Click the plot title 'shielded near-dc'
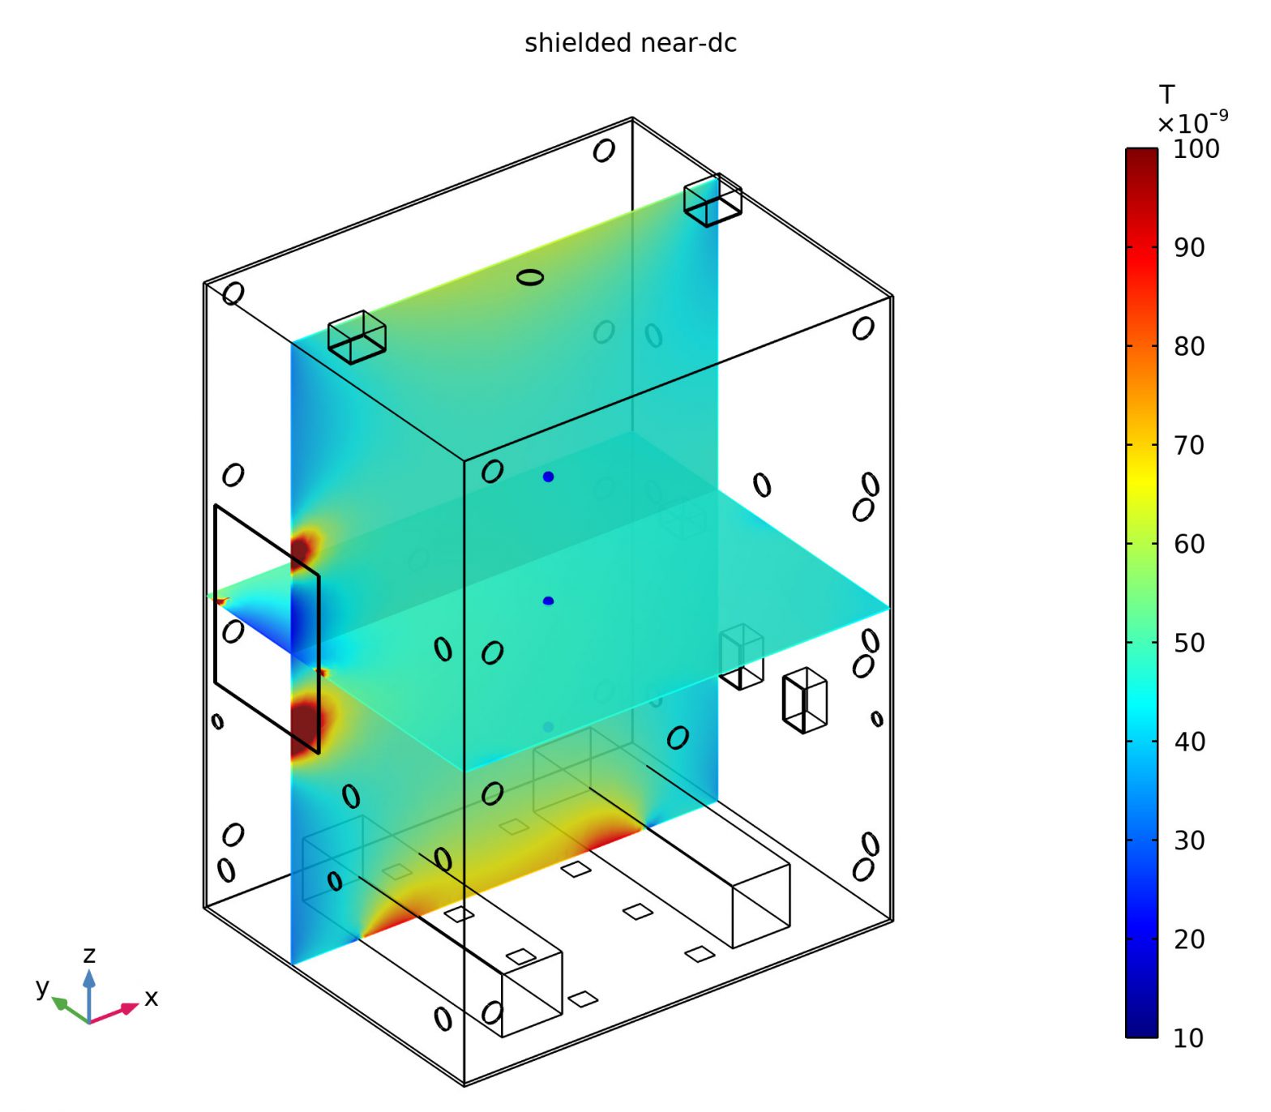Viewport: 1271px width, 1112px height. point(630,43)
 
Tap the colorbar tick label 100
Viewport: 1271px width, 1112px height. point(1196,149)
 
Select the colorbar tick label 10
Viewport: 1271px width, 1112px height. point(1188,1037)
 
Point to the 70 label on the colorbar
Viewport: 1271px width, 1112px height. point(1188,445)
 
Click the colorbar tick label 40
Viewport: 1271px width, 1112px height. point(1188,742)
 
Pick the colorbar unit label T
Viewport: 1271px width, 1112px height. point(1166,96)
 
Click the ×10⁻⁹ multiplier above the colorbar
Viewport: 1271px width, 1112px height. point(1192,123)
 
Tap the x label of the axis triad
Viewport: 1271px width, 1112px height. point(152,998)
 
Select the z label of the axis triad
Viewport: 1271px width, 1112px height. point(89,954)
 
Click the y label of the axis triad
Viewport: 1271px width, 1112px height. point(42,986)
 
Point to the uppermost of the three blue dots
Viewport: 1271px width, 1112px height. point(548,477)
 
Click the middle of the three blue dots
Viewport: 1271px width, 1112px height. point(548,601)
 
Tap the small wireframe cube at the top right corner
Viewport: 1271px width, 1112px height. point(712,199)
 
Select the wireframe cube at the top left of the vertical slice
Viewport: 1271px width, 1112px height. point(357,336)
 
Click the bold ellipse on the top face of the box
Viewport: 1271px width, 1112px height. point(529,277)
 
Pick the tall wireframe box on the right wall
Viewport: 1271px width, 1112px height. point(804,699)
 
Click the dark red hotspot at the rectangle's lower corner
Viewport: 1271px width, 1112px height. point(306,723)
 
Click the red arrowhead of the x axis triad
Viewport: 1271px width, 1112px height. point(130,1008)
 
